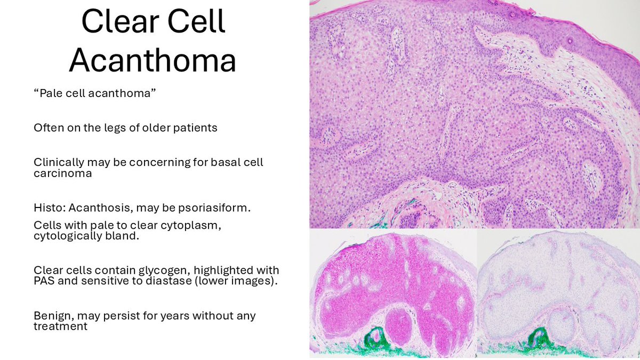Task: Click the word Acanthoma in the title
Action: pyautogui.click(x=153, y=60)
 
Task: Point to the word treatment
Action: pyautogui.click(x=60, y=326)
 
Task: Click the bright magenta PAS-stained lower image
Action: pyautogui.click(x=393, y=293)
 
